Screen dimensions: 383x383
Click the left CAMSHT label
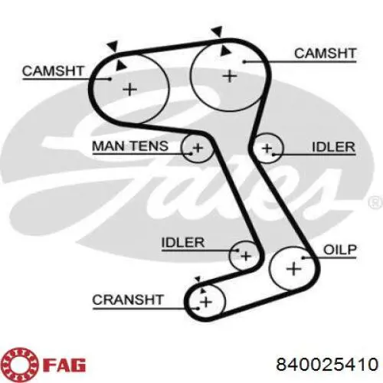53,71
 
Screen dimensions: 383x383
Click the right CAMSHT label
325,54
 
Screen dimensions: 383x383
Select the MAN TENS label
130,146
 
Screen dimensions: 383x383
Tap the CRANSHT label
128,300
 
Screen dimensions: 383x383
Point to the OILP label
340,250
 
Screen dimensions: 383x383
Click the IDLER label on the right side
334,147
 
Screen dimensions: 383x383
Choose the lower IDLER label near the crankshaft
183,242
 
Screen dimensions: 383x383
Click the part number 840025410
327,364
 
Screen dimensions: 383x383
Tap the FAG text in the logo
65,365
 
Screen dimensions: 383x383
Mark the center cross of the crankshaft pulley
206,303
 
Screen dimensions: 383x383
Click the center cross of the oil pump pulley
293,269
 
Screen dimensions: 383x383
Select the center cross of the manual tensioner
198,148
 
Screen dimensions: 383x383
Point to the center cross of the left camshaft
130,90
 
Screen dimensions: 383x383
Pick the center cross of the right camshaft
230,76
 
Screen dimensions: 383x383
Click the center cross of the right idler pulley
267,149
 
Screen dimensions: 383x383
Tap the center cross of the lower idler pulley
246,256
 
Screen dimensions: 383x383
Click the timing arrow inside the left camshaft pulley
120,66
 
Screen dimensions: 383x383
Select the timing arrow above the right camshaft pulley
217,32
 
